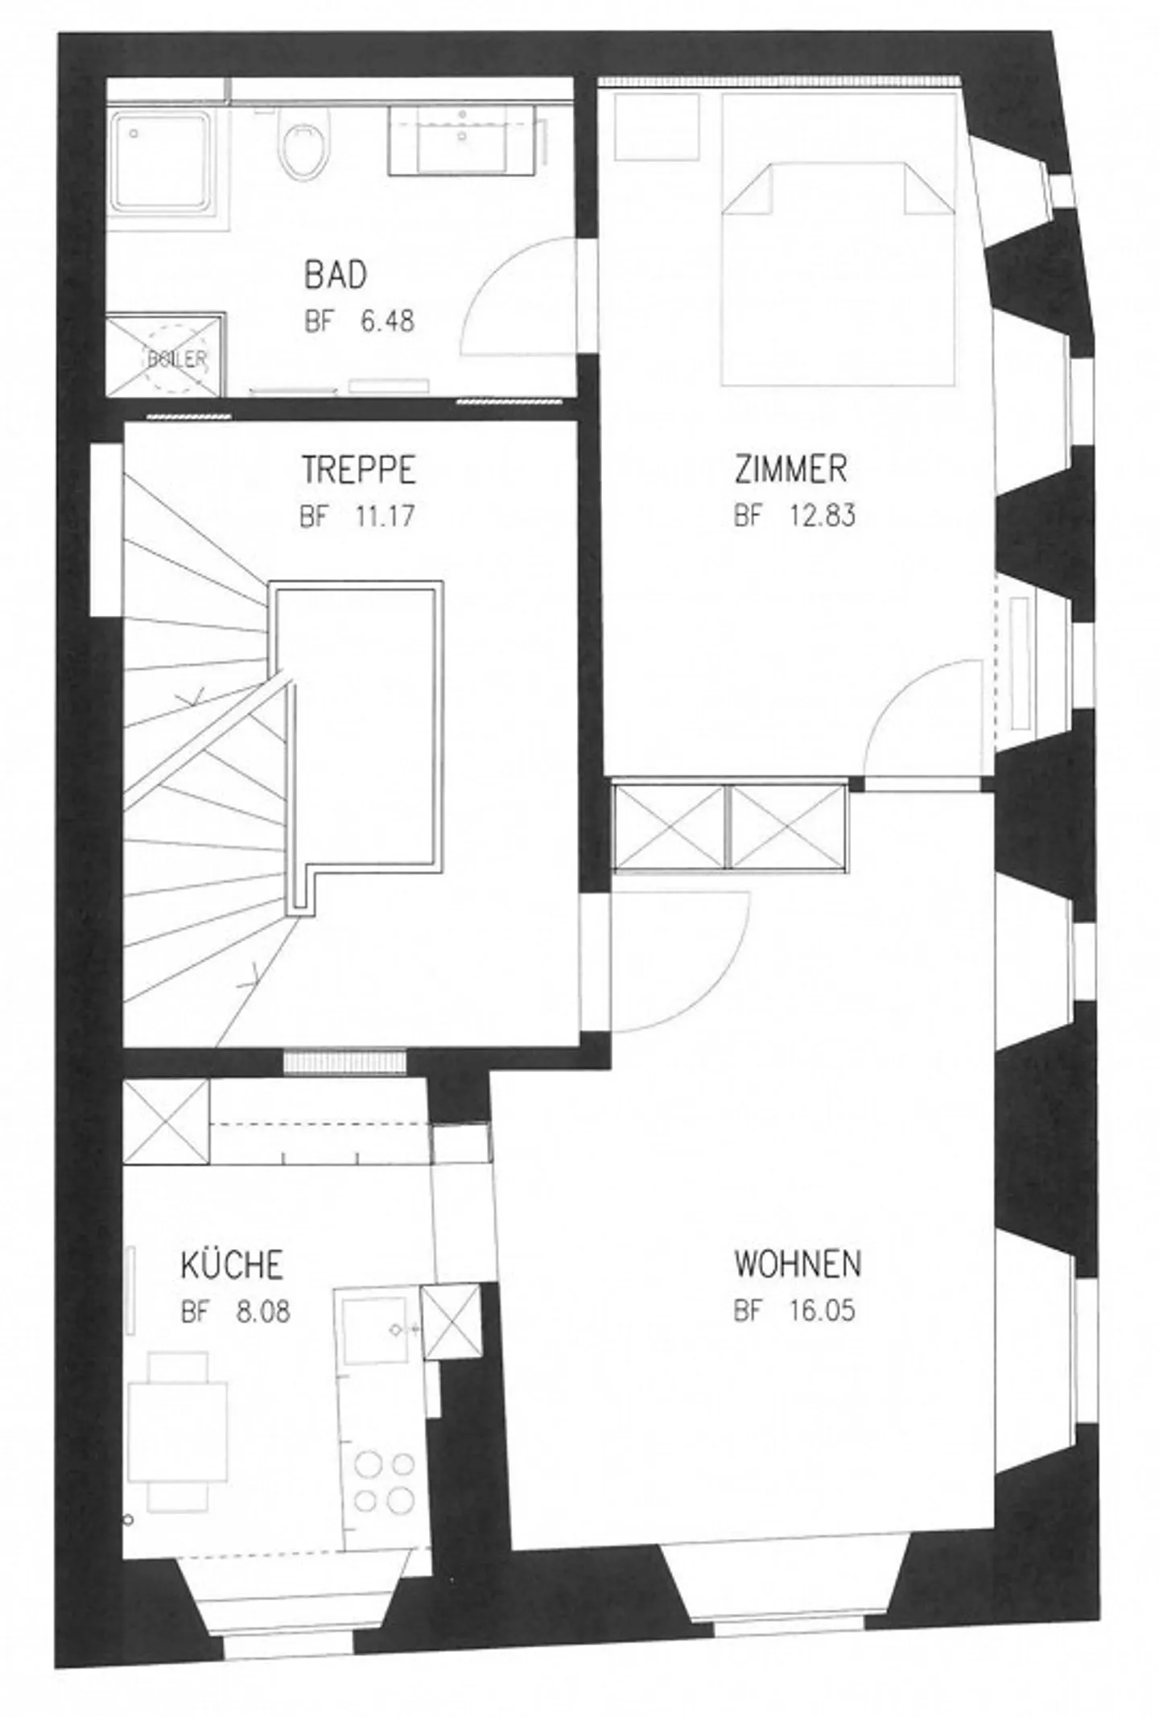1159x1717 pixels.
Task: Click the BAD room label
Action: point(335,275)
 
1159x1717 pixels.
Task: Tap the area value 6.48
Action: point(387,322)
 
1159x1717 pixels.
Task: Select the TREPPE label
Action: point(358,470)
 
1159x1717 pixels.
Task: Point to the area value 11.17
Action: point(385,515)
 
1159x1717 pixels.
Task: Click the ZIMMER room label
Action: point(790,470)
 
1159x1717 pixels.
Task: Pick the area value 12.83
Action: point(822,515)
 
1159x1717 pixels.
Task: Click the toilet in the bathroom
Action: point(305,145)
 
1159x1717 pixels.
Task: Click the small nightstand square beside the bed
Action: point(656,127)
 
